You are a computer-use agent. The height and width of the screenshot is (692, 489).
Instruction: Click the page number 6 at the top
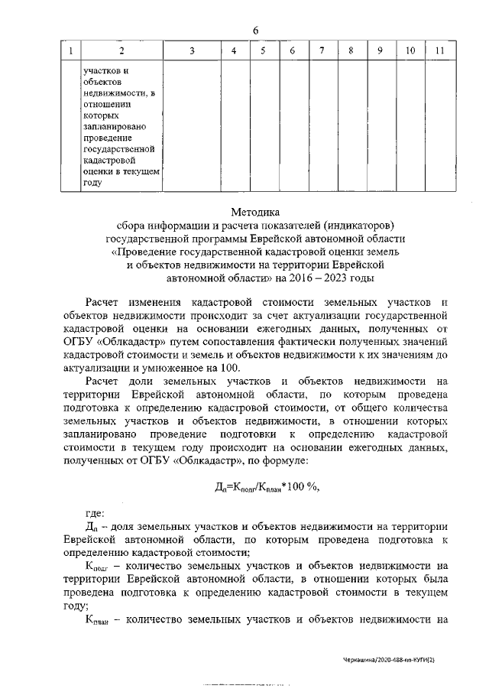(x=256, y=30)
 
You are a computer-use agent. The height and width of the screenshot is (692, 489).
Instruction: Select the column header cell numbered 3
(x=192, y=51)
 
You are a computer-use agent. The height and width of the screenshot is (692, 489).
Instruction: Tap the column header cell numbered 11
(x=439, y=51)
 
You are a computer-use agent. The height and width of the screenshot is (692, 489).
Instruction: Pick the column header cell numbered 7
(x=322, y=51)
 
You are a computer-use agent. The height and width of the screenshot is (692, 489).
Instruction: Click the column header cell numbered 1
(x=70, y=51)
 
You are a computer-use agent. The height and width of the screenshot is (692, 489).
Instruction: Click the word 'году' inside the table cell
(x=92, y=184)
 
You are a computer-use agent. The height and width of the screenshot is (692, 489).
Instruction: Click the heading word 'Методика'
(x=256, y=212)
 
